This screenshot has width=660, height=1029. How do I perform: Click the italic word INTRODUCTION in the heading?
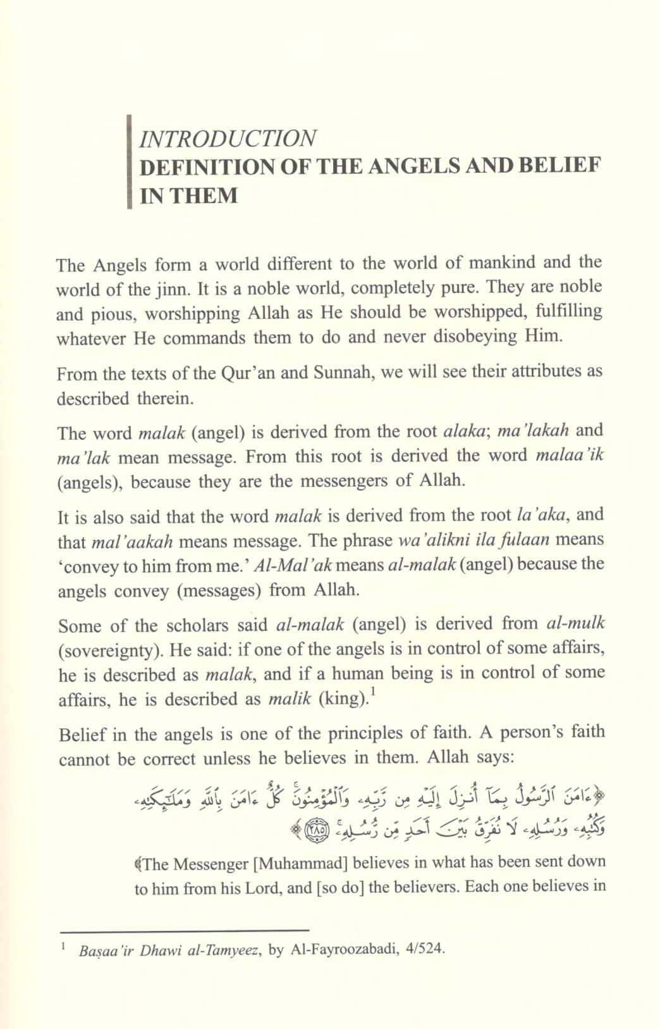(228, 139)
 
